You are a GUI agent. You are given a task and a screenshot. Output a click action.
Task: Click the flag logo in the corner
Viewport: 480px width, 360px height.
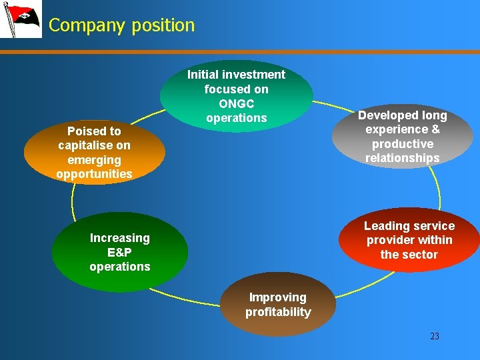[21, 19]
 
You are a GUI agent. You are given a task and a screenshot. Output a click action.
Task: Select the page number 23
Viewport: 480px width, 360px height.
[435, 336]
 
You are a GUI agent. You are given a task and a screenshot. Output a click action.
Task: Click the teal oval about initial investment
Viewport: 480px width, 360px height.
[236, 96]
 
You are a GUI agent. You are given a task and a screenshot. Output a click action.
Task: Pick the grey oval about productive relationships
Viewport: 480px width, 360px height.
[403, 137]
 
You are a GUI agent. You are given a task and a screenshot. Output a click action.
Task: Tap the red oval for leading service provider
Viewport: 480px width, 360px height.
[409, 240]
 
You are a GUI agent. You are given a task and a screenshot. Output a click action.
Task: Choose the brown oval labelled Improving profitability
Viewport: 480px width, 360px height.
[278, 305]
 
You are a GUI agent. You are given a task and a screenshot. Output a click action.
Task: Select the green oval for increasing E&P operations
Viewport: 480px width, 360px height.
[120, 252]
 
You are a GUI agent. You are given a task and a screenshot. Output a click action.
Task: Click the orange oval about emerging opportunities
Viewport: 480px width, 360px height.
[94, 153]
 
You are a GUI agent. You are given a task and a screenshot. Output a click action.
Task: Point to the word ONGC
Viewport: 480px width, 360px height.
[236, 104]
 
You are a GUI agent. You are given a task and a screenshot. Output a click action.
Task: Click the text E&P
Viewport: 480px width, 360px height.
[120, 253]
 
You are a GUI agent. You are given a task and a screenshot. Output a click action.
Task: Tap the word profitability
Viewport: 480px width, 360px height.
[278, 312]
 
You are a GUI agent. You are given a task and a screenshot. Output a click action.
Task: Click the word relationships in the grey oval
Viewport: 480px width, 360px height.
[403, 158]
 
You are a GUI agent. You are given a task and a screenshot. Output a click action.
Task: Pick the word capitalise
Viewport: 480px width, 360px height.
[94, 145]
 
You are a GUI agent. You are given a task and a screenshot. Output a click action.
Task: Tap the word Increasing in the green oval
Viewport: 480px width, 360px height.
[120, 238]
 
